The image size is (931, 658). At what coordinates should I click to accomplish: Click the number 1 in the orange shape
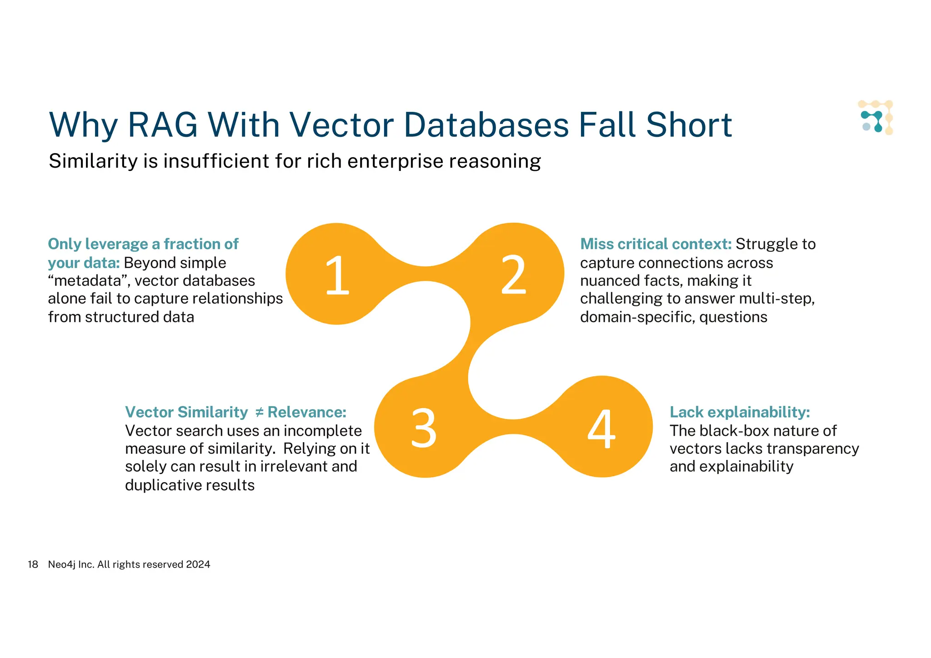tap(337, 275)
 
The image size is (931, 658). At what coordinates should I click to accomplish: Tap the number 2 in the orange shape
tap(513, 275)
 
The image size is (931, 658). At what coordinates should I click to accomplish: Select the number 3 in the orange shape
tap(424, 428)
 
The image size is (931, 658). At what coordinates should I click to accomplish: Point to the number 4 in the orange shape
tap(601, 428)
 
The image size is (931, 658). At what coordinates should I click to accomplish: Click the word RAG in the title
tap(163, 125)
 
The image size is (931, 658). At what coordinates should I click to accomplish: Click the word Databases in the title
tap(486, 125)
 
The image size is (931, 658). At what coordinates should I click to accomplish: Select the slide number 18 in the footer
tap(33, 564)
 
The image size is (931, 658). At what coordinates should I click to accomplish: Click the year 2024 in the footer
tap(198, 564)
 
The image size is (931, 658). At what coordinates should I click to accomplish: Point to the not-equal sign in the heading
tap(259, 412)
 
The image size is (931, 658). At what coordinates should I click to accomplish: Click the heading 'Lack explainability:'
tap(740, 412)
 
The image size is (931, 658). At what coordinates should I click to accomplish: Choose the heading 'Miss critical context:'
tap(656, 244)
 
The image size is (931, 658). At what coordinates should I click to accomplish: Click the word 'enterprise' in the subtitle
tap(395, 161)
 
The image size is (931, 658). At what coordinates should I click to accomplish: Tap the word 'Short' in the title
tap(689, 125)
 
